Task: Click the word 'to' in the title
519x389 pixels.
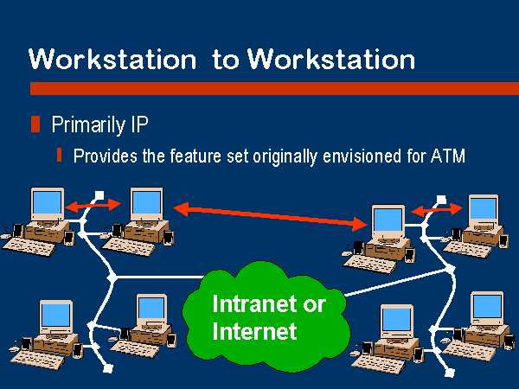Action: (x=226, y=59)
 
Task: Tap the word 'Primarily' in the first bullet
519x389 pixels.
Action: (x=88, y=125)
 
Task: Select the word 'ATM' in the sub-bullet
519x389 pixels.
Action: (x=448, y=156)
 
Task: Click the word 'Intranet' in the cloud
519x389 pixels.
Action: (x=254, y=303)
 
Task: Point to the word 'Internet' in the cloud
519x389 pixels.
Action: (x=254, y=331)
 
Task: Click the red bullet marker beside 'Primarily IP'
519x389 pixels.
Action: (x=35, y=124)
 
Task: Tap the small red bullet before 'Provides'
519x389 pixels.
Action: (x=59, y=155)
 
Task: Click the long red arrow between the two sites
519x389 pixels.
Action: (x=271, y=217)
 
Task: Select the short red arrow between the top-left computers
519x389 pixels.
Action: (x=93, y=206)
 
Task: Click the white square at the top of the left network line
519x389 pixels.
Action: (x=99, y=195)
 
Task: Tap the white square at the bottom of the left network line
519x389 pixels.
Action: (x=108, y=368)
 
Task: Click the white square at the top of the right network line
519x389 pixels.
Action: (x=441, y=200)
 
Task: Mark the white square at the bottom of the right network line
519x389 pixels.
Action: (x=449, y=373)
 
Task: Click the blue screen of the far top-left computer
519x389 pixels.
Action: (x=47, y=202)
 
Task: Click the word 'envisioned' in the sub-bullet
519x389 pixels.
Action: (x=362, y=156)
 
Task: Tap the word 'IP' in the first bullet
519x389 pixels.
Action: (x=139, y=124)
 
